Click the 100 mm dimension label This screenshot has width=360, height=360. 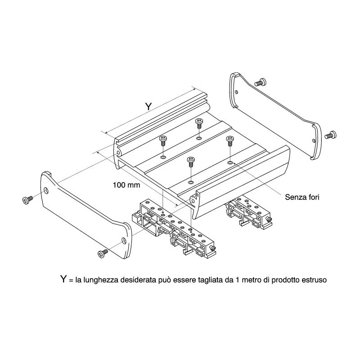tap(126, 184)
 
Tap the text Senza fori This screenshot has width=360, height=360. tap(302, 197)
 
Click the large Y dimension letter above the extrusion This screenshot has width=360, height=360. tap(148, 106)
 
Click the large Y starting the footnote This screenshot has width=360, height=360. tap(63, 279)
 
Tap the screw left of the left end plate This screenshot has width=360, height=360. tap(27, 199)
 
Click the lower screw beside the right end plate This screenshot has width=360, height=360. tap(330, 135)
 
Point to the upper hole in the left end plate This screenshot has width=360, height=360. tap(46, 190)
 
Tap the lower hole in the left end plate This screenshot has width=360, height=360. tap(124, 241)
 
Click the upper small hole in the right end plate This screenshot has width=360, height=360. tap(237, 92)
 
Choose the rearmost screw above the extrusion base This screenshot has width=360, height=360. tap(199, 123)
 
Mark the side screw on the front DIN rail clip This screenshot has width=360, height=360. tap(212, 248)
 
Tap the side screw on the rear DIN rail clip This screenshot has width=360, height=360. tap(269, 220)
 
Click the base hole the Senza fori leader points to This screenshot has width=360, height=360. tap(230, 163)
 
